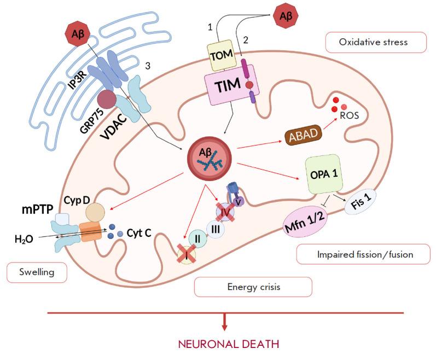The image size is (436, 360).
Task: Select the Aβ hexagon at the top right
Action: (x=285, y=16)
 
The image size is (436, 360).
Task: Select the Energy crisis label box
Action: (x=253, y=287)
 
